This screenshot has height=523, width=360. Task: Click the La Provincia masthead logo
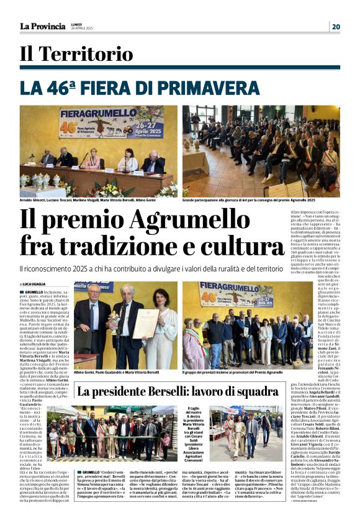42,26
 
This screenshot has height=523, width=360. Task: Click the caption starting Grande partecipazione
248,201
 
